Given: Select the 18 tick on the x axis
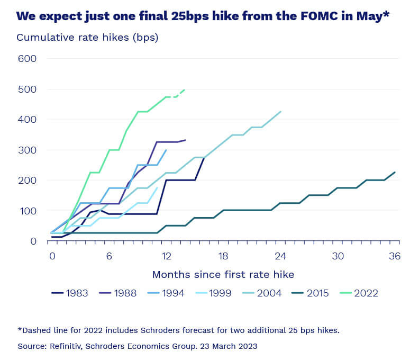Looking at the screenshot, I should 223,256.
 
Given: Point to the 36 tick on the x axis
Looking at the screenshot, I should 395,256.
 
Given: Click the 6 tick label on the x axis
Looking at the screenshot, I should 109,256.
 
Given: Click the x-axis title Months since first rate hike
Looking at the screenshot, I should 223,274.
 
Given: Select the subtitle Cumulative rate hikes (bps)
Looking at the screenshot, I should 87,38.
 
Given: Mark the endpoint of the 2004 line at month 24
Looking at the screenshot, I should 280,111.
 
